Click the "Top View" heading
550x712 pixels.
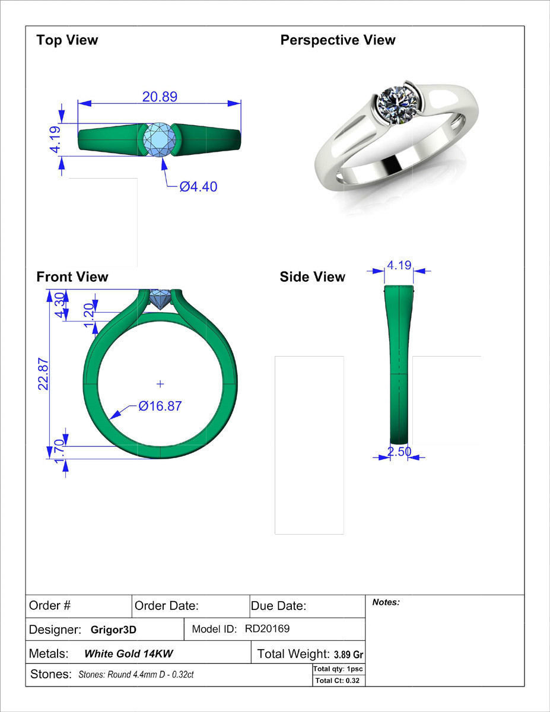[x=67, y=40]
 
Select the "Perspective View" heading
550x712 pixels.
[x=338, y=40]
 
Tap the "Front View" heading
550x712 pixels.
[x=72, y=277]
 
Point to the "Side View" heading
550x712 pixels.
[x=312, y=277]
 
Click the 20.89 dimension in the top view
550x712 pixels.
[x=160, y=96]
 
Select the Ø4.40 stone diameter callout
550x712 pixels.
[x=198, y=187]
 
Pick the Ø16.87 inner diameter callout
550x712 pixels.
[x=160, y=406]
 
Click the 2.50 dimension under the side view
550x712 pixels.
[x=399, y=452]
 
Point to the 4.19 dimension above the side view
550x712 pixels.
[x=399, y=265]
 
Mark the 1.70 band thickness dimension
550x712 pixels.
[x=59, y=452]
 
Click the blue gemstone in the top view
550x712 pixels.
[x=160, y=139]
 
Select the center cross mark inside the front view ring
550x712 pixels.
[x=160, y=384]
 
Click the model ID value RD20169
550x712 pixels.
[x=267, y=629]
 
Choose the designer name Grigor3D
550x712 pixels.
[x=113, y=630]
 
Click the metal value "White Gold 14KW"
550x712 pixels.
[x=129, y=654]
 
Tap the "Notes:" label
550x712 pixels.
[x=386, y=602]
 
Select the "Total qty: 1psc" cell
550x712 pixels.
[x=338, y=669]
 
